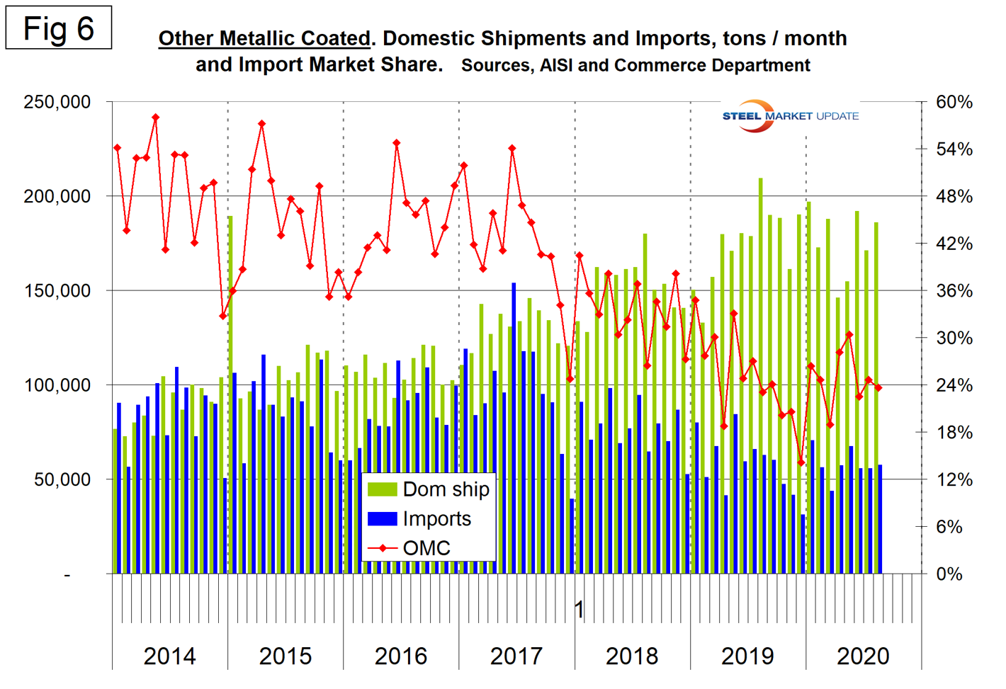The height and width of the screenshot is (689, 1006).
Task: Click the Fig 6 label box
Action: point(58,28)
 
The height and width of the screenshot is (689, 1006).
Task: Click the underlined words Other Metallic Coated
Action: point(264,38)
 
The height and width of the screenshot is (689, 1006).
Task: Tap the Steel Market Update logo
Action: point(790,115)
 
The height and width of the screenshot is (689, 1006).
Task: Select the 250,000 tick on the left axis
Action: point(57,102)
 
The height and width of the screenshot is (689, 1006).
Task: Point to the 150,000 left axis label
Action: point(57,290)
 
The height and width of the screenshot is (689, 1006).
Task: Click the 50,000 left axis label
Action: point(62,479)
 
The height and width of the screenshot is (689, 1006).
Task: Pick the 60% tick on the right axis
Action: point(954,102)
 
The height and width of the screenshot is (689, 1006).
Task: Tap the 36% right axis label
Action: point(954,290)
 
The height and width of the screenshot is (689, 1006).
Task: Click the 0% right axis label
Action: point(949,574)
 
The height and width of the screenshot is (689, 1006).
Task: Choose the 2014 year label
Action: point(169,656)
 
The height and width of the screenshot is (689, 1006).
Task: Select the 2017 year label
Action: point(516,656)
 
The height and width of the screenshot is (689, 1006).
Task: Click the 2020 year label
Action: point(863,656)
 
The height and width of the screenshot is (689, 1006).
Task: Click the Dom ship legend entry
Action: point(446,489)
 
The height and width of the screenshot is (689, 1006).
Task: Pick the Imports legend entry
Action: point(436,519)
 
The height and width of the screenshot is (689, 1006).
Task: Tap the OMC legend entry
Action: point(426,548)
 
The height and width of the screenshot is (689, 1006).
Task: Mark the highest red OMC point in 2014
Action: point(156,118)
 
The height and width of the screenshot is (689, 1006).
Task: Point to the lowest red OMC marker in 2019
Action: point(801,462)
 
